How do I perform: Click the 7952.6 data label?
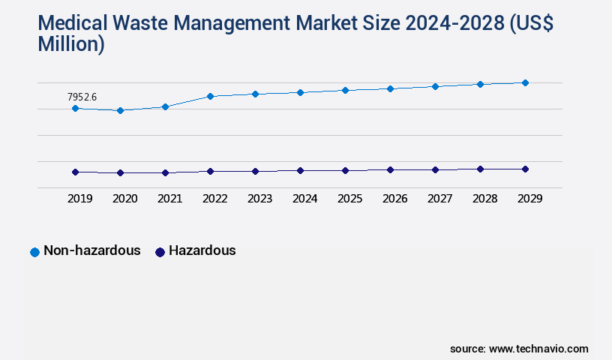pyautogui.click(x=82, y=97)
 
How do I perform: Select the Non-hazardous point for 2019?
pyautogui.click(x=75, y=109)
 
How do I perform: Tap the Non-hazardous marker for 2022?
pyautogui.click(x=210, y=96)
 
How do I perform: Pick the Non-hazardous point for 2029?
pyautogui.click(x=525, y=82)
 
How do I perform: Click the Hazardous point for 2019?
pyautogui.click(x=75, y=172)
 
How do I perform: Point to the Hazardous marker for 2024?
pyautogui.click(x=300, y=170)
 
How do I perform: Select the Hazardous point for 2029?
pyautogui.click(x=525, y=169)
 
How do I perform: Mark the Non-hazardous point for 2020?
pyautogui.click(x=120, y=110)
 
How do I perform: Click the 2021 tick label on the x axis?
pyautogui.click(x=169, y=199)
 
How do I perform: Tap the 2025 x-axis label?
pyautogui.click(x=349, y=199)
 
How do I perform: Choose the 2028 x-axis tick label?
pyautogui.click(x=484, y=199)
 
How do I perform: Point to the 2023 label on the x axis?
pyautogui.click(x=259, y=199)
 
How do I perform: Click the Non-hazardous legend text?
pyautogui.click(x=92, y=250)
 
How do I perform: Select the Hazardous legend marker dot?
pyautogui.click(x=160, y=252)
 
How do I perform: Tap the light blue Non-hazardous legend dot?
pyautogui.click(x=34, y=252)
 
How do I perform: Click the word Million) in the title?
pyautogui.click(x=71, y=44)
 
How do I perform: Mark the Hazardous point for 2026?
pyautogui.click(x=390, y=169)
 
